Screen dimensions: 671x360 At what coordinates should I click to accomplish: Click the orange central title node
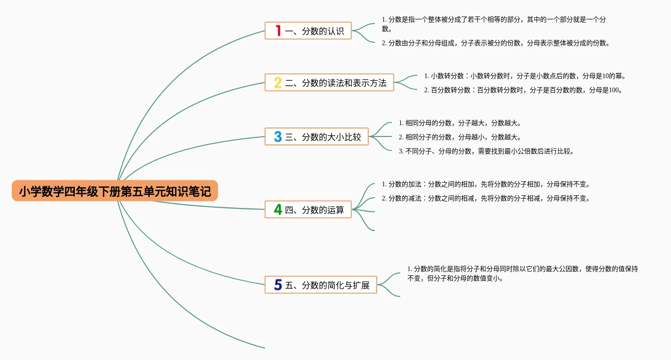[115, 191]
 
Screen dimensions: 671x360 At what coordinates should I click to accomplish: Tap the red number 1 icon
[278, 31]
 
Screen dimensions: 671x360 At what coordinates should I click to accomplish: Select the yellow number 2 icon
[278, 83]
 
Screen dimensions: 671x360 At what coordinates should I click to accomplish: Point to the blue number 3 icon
[278, 137]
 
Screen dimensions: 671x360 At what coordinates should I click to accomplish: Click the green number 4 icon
[278, 209]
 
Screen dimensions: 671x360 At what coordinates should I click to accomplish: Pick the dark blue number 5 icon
[278, 285]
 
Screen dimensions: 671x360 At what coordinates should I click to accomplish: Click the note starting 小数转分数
[525, 76]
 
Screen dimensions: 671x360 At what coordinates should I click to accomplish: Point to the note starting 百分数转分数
[523, 90]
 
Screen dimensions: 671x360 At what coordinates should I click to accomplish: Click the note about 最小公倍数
[486, 151]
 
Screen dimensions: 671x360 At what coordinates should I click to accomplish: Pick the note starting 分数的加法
[485, 184]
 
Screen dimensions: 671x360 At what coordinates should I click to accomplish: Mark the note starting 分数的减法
[485, 198]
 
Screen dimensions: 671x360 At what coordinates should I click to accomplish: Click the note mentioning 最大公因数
[522, 273]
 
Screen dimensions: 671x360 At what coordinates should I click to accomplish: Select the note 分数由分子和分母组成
[495, 43]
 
